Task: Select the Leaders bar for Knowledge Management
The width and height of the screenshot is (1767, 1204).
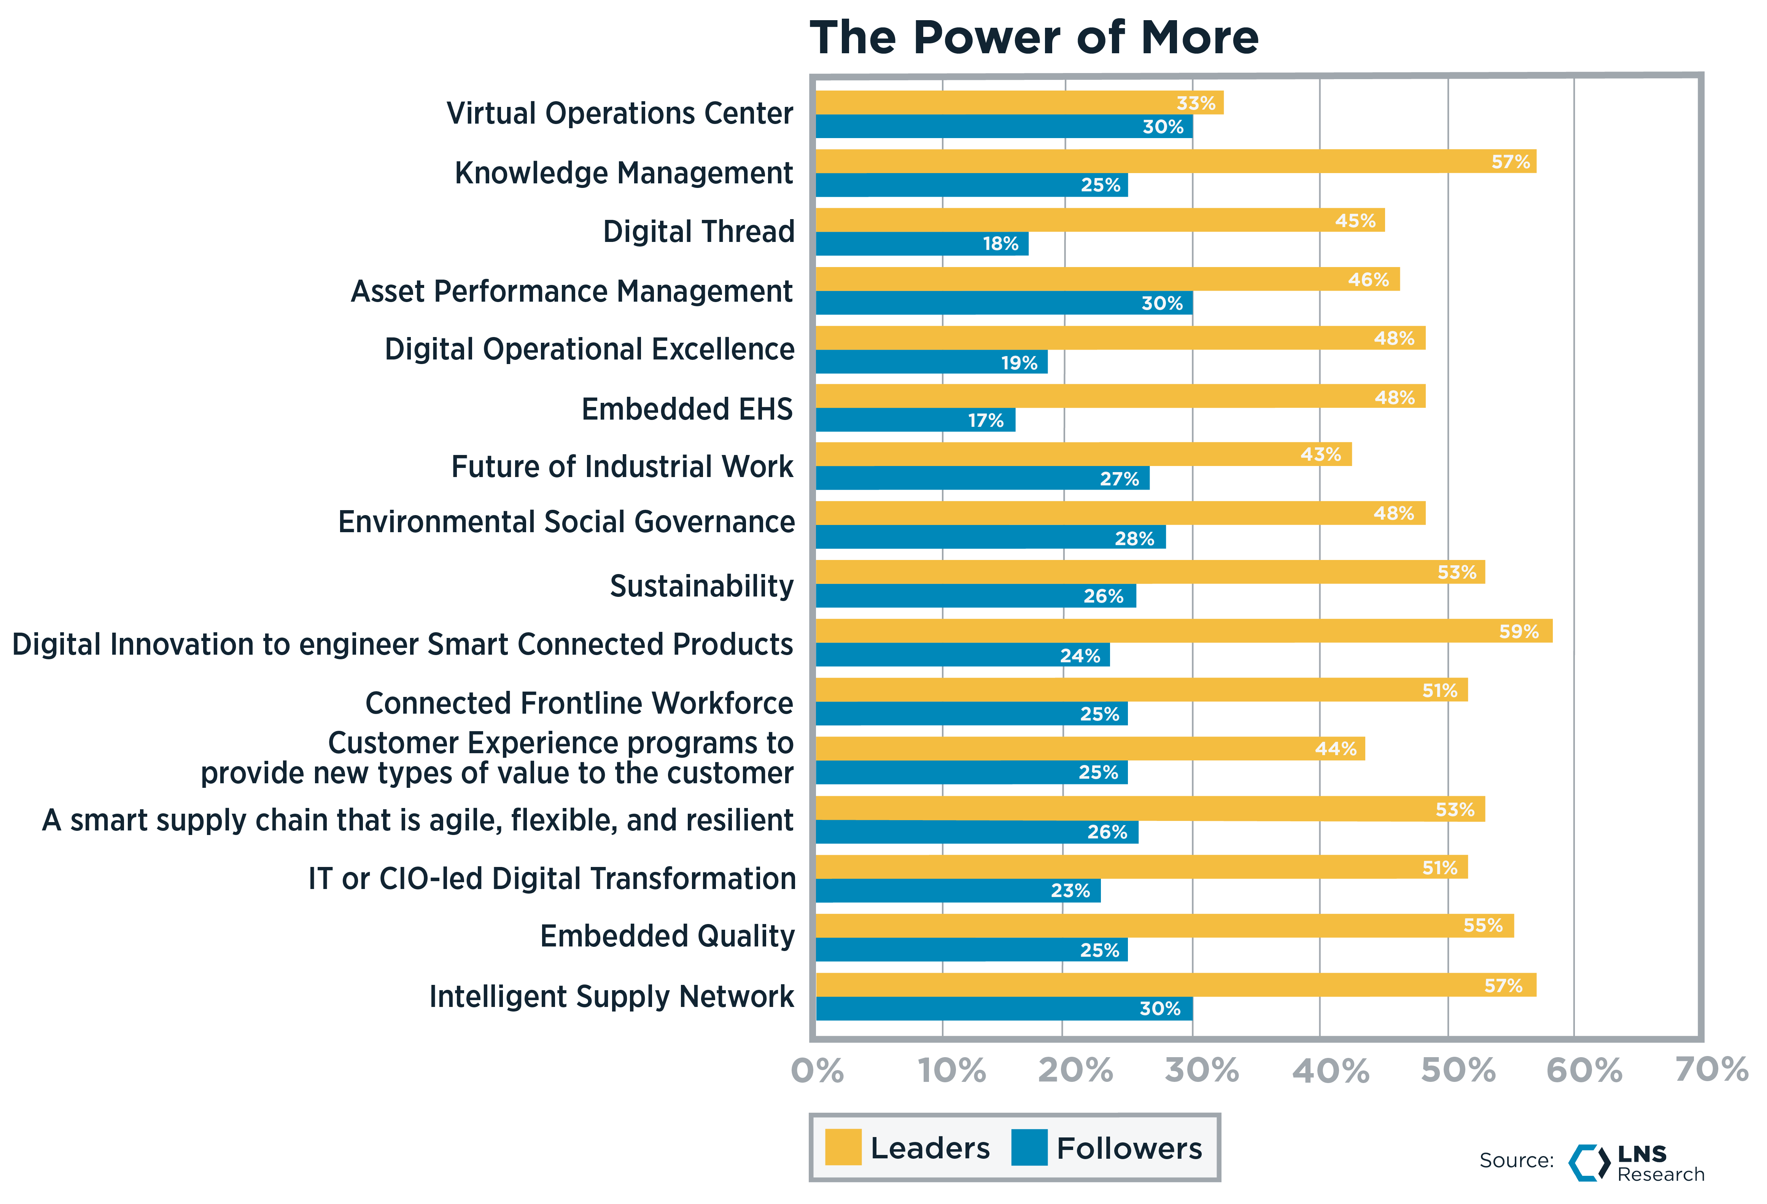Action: point(1175,161)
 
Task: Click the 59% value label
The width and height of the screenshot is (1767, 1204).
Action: point(1518,631)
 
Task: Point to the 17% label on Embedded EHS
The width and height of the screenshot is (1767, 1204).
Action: point(985,420)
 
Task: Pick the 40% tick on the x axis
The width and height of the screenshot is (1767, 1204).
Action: point(1331,1071)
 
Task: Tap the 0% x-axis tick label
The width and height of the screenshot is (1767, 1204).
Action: point(817,1071)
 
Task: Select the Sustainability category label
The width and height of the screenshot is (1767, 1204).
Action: point(701,586)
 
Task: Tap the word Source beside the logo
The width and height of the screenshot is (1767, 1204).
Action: point(1515,1161)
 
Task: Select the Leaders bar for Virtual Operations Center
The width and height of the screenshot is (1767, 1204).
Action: point(1019,103)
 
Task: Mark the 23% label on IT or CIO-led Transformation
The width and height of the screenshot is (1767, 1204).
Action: point(1070,891)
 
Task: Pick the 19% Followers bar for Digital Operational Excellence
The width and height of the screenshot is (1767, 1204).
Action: point(931,362)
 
